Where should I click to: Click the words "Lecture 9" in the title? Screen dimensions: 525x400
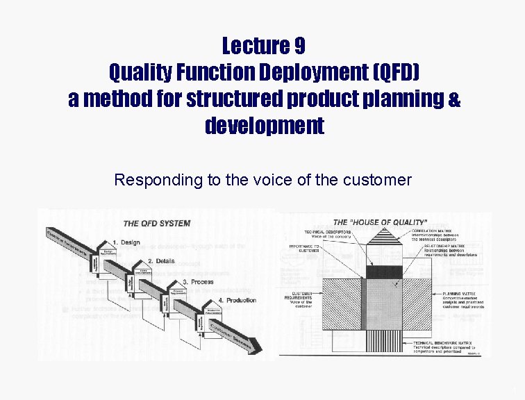pos(263,47)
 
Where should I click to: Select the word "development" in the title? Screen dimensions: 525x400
pos(264,126)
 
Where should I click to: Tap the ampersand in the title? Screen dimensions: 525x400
pos(453,99)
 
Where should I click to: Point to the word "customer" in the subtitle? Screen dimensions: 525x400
pos(378,181)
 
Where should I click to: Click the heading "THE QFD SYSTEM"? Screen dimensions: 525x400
pos(156,224)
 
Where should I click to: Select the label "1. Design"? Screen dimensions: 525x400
pos(126,242)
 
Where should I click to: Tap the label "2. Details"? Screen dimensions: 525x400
pos(160,260)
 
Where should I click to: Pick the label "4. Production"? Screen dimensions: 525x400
pos(237,300)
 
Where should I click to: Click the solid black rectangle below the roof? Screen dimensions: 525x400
pos(384,272)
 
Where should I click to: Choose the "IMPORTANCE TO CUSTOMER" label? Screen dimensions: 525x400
pos(304,248)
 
